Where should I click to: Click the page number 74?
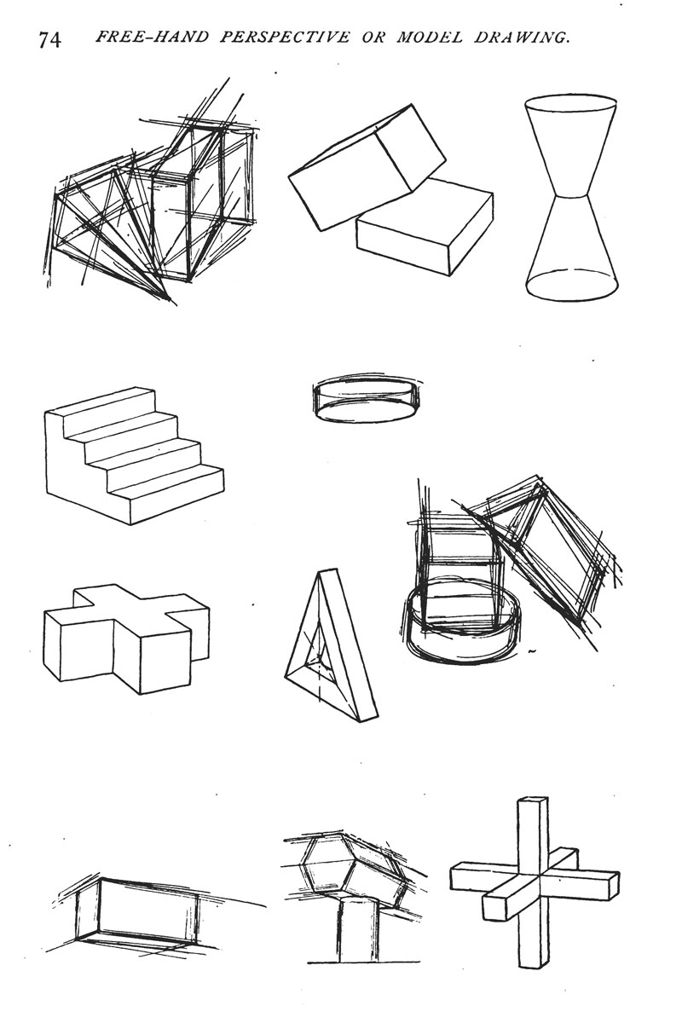pyautogui.click(x=49, y=40)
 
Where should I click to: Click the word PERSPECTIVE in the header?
pyautogui.click(x=285, y=37)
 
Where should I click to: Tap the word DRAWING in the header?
pyautogui.click(x=522, y=37)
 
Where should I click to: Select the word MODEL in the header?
pyautogui.click(x=429, y=37)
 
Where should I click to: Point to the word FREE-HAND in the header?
pyautogui.click(x=152, y=37)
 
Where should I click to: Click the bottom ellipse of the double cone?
pyautogui.click(x=573, y=286)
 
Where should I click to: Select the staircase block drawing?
pyautogui.click(x=135, y=455)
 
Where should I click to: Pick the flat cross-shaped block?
pyautogui.click(x=126, y=639)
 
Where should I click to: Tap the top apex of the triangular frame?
pyautogui.click(x=330, y=570)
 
